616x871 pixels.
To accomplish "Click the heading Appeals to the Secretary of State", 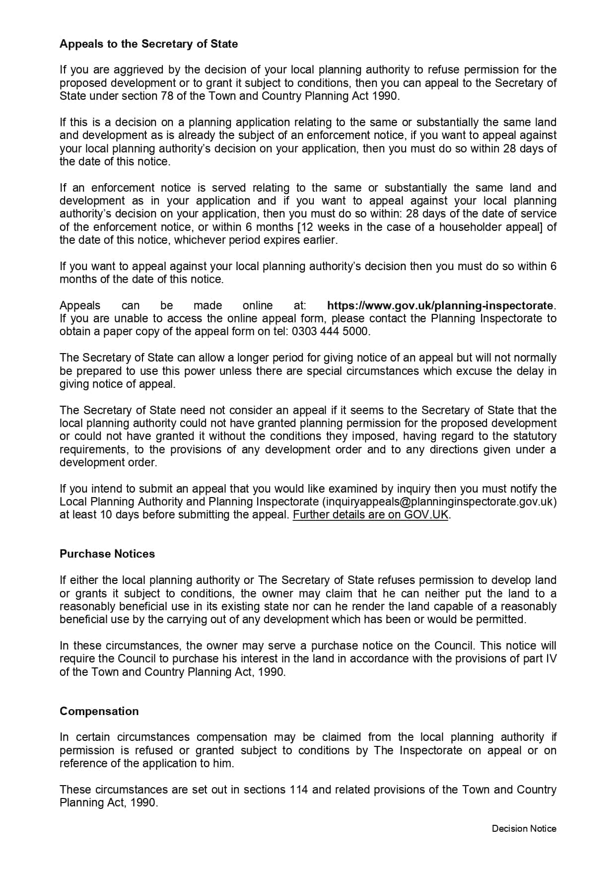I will (148, 44).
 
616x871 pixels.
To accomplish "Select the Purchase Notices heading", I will (107, 554).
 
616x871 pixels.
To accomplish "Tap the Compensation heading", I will (99, 711).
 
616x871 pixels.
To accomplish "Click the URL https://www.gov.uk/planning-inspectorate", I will (440, 305).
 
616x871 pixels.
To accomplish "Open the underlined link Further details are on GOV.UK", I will (370, 514).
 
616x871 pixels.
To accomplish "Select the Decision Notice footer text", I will (524, 828).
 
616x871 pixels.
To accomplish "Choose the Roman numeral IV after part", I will (551, 658).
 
